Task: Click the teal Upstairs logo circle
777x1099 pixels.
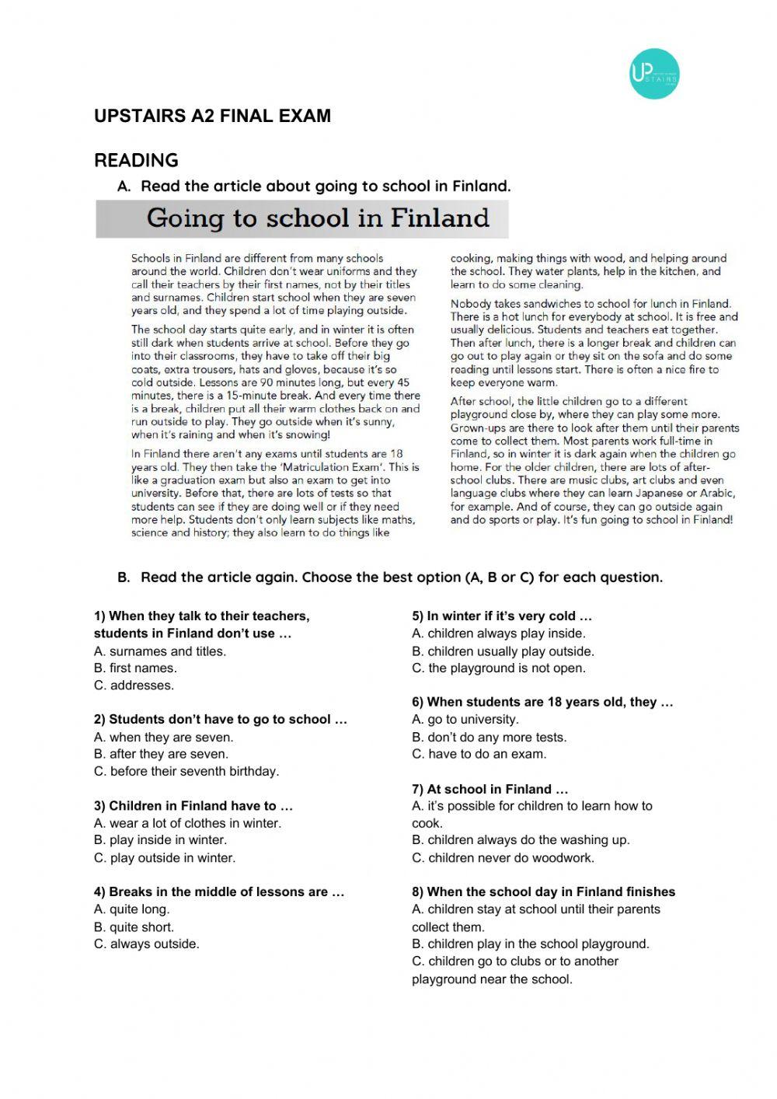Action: (x=654, y=74)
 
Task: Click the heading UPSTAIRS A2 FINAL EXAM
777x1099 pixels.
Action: (x=212, y=116)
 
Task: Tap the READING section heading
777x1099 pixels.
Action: (x=136, y=160)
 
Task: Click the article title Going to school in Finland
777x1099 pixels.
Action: (x=318, y=218)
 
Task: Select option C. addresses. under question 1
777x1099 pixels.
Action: (x=134, y=686)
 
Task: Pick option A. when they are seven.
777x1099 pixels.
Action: (x=163, y=737)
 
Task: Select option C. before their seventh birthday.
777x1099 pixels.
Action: (x=186, y=771)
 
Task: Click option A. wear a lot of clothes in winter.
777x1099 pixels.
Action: (x=187, y=823)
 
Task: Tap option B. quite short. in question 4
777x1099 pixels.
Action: (x=134, y=926)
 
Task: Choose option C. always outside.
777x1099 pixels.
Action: (x=147, y=944)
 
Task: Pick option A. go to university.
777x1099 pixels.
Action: (x=465, y=720)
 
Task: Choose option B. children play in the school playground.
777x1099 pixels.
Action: (x=531, y=944)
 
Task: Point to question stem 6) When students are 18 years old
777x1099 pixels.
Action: (x=542, y=702)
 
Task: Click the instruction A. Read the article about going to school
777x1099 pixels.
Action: (x=314, y=186)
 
